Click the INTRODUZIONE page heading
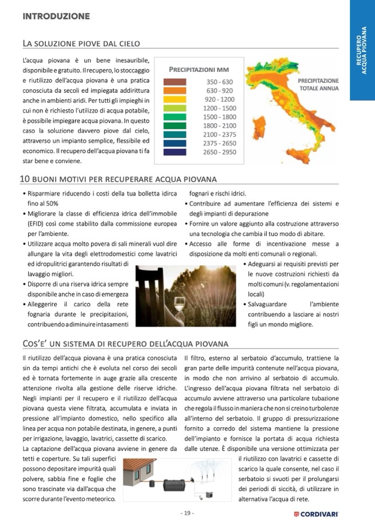(56, 17)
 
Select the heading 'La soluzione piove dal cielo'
(81, 43)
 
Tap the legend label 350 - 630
(220, 82)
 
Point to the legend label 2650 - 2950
(220, 152)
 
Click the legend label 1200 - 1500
(220, 108)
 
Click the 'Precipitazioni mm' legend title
(199, 70)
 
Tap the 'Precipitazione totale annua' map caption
(319, 85)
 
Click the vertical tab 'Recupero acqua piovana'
(362, 50)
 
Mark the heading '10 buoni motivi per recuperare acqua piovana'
(118, 179)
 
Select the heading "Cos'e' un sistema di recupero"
(125, 344)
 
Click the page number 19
(187, 513)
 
